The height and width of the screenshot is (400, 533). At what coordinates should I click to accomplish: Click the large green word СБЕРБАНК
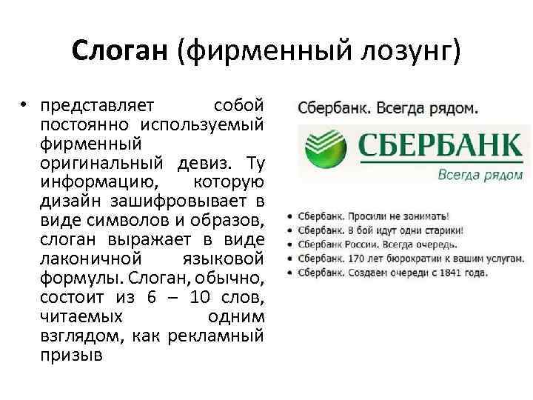[440, 144]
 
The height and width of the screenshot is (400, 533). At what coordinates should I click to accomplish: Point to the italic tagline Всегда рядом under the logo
[480, 176]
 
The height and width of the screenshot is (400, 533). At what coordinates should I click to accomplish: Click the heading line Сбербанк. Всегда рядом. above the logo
[387, 107]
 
